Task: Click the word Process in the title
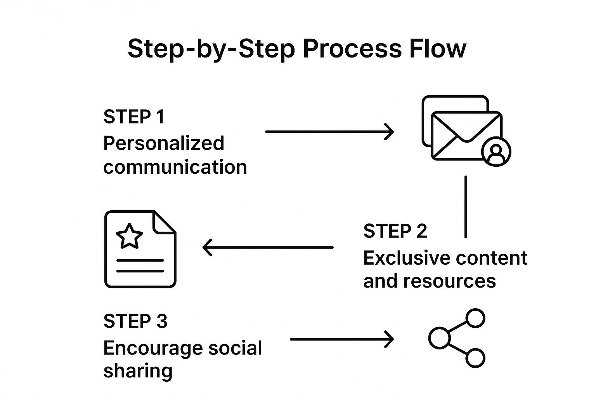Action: pyautogui.click(x=352, y=49)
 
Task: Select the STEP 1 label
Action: pyautogui.click(x=134, y=117)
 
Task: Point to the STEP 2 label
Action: pyautogui.click(x=395, y=231)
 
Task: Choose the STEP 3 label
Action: pyautogui.click(x=135, y=321)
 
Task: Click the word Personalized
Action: pyautogui.click(x=163, y=143)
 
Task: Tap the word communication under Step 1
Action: pyautogui.click(x=175, y=167)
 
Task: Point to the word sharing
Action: pyautogui.click(x=138, y=371)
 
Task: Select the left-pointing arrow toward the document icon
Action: pyautogui.click(x=268, y=247)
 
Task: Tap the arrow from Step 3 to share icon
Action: pyautogui.click(x=341, y=339)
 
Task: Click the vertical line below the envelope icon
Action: pyautogui.click(x=466, y=206)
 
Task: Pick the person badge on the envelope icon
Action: pyautogui.click(x=496, y=152)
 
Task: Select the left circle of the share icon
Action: pyautogui.click(x=439, y=338)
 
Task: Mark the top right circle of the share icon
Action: pyautogui.click(x=475, y=318)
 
